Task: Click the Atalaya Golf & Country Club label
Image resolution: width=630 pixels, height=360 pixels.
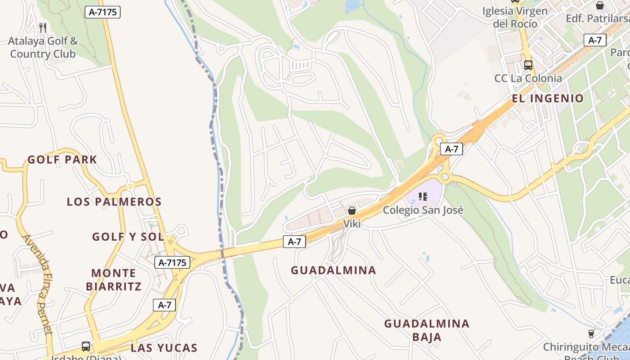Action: tap(43, 48)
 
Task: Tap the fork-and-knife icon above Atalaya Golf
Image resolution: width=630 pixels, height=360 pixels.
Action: tap(43, 28)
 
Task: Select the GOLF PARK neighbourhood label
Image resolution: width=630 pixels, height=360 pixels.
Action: tap(62, 160)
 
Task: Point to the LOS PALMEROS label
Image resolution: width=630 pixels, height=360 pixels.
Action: tap(114, 202)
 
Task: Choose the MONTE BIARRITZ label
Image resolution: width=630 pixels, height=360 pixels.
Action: tap(114, 279)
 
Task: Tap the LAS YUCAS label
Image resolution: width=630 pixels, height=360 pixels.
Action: tap(164, 348)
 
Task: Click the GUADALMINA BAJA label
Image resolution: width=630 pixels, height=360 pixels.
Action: tap(427, 330)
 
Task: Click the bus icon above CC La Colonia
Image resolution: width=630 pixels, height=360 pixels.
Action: tap(528, 65)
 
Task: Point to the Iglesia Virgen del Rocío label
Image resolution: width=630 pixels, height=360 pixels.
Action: tap(515, 17)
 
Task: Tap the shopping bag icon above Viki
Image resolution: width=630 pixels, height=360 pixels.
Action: tap(352, 211)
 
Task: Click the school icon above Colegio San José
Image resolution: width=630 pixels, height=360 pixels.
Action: tap(423, 196)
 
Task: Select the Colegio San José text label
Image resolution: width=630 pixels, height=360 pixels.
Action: tap(423, 210)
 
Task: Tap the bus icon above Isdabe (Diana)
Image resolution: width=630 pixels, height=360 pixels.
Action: tap(86, 346)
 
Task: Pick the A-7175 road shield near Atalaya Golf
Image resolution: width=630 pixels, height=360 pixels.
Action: tap(103, 12)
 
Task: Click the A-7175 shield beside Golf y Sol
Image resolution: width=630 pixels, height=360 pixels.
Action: tap(172, 262)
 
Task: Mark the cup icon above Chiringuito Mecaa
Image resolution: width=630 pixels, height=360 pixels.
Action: tap(591, 333)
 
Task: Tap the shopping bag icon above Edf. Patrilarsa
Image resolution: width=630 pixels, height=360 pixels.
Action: tap(599, 5)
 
